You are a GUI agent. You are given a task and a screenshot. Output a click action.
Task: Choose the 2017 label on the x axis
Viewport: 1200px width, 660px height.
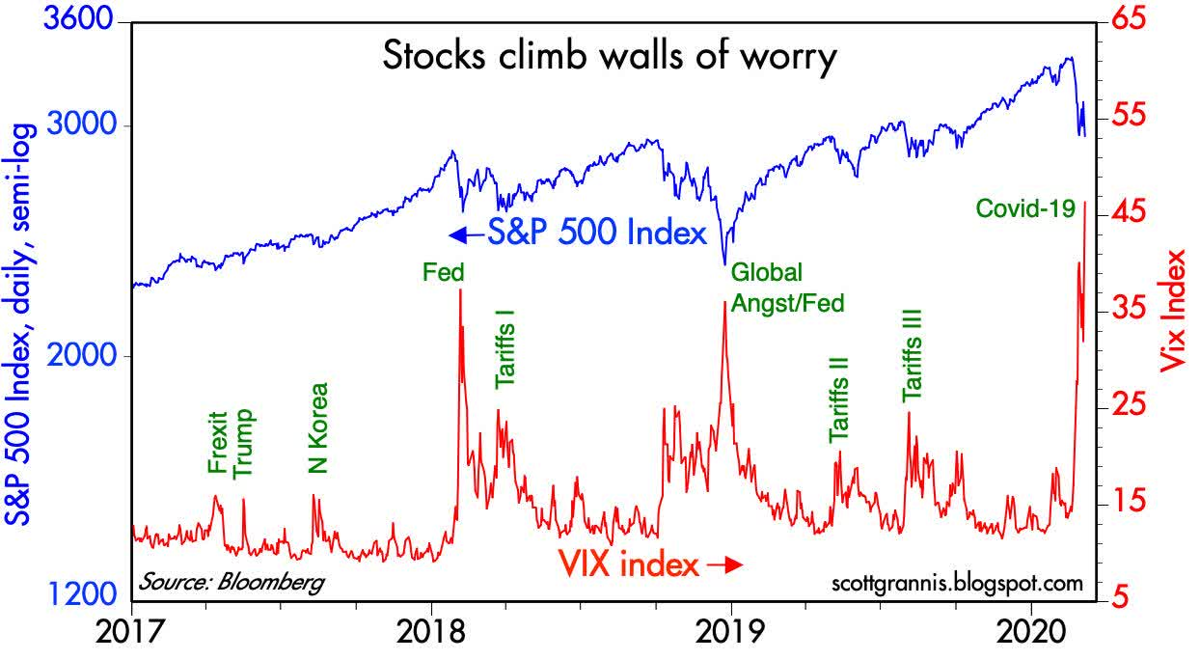pos(131,634)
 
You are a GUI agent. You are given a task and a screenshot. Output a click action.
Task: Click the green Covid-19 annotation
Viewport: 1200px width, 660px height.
pos(1024,207)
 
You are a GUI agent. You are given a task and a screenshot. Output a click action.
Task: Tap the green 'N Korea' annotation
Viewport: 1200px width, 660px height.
pos(318,429)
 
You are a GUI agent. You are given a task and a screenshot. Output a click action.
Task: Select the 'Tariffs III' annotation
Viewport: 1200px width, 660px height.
pos(913,355)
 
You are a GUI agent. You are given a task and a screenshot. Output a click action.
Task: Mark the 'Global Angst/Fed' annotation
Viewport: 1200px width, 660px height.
pos(787,288)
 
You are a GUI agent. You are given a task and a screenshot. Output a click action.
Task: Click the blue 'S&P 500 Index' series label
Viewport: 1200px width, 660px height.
pos(579,234)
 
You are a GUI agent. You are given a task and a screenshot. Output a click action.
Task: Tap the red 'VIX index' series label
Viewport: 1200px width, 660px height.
pos(650,564)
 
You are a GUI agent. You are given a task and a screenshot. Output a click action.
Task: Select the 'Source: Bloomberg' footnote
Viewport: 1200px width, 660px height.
pos(231,582)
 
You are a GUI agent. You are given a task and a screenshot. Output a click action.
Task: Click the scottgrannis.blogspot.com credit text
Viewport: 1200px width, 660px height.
pos(956,583)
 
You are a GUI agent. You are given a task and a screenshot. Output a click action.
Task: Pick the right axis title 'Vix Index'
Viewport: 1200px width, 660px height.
pos(1174,311)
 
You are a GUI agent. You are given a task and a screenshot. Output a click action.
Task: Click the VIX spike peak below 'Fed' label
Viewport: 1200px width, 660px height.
pos(460,290)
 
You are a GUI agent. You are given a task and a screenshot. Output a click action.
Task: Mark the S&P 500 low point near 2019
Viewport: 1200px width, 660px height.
pos(724,262)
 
